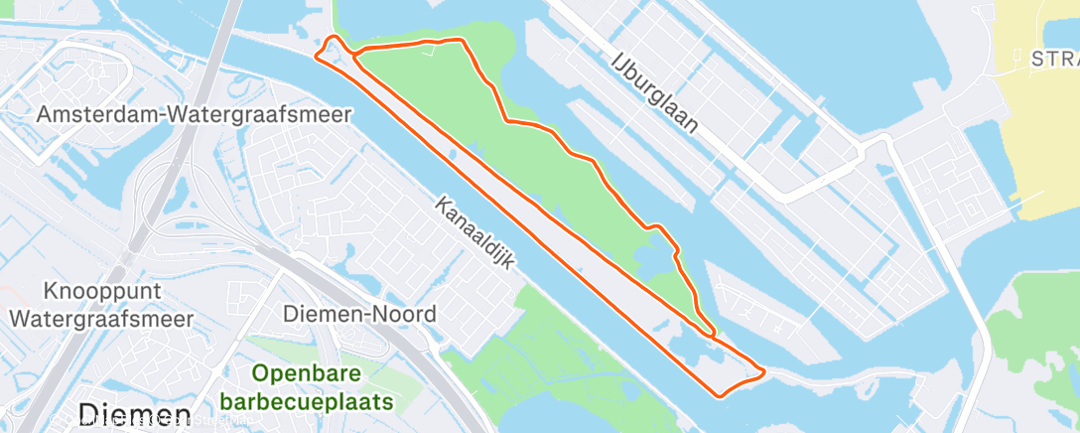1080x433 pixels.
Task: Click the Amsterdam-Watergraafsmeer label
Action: click(194, 115)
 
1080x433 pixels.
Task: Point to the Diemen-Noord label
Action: click(359, 315)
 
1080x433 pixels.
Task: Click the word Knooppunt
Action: click(101, 292)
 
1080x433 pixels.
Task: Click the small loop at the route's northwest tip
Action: click(333, 47)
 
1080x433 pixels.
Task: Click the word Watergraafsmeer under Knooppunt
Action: click(101, 320)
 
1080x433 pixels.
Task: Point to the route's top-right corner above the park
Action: click(462, 41)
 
